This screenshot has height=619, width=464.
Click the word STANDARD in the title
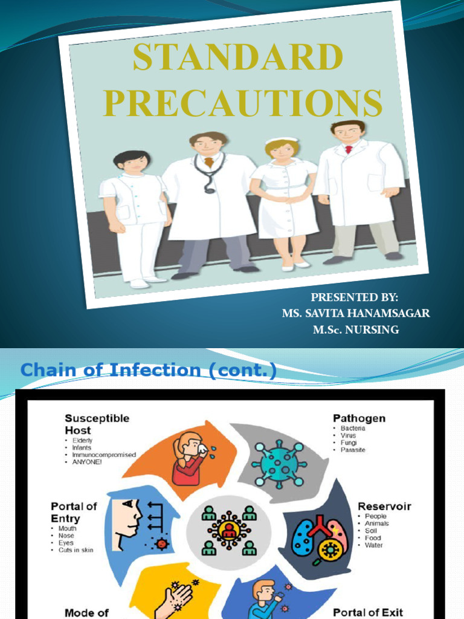coord(237,59)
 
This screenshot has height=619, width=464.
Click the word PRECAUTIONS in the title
coord(242,103)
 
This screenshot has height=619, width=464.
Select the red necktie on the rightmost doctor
coord(348,149)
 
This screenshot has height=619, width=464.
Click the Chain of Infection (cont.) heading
coord(149,370)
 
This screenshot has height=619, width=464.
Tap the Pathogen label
coord(359,418)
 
